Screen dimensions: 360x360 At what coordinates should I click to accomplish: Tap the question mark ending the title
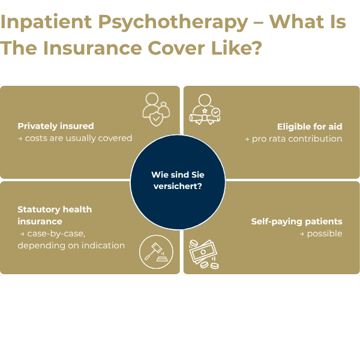(257, 48)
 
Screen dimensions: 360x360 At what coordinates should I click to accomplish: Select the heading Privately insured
(56, 126)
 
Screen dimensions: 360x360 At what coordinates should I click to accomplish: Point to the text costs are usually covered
(79, 138)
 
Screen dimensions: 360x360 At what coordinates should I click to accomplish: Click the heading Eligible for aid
(310, 127)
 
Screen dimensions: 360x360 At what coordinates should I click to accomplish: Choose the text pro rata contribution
(297, 139)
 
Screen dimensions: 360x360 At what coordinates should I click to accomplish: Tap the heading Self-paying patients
(296, 221)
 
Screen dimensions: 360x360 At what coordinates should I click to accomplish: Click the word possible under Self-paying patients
(325, 234)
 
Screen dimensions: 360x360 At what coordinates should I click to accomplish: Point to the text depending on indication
(71, 245)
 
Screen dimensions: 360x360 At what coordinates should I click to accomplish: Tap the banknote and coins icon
(204, 254)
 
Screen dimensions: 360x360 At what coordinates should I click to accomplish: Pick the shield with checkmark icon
(156, 119)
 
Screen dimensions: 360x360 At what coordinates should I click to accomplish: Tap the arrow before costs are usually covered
(20, 139)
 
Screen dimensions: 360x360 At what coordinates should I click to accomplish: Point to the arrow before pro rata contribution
(247, 139)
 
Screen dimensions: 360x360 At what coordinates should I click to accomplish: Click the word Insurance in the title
(92, 48)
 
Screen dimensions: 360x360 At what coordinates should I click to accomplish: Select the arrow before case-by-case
(22, 234)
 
